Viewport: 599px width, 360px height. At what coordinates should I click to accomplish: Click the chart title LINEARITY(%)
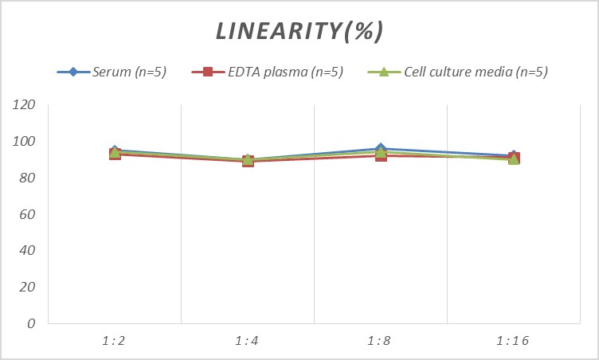299,31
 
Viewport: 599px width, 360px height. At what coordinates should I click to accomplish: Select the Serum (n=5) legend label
128,72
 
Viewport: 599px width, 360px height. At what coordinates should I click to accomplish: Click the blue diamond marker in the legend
72,72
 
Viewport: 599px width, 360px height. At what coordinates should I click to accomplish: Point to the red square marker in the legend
208,72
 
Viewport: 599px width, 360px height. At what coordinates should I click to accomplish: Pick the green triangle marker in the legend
382,72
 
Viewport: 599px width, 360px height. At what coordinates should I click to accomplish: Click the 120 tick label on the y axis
26,105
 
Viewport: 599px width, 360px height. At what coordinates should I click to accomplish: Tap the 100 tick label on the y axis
26,142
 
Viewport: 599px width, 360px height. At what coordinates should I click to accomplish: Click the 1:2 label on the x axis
115,341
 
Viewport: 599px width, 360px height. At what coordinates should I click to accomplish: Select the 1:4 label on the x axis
248,341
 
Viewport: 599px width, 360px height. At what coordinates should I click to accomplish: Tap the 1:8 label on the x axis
381,341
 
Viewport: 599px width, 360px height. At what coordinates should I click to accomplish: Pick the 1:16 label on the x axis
514,341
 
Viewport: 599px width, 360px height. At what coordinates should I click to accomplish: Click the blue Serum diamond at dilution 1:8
381,149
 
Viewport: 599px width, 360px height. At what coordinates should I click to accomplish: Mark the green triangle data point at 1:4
248,159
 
